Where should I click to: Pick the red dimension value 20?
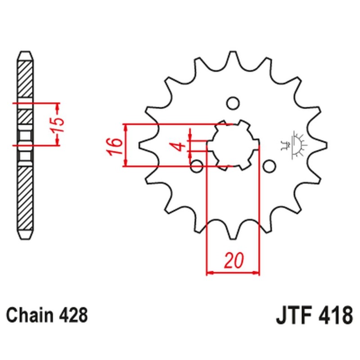pos(233,261)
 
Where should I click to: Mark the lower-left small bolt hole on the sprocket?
pos(197,166)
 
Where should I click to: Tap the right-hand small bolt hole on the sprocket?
pos(269,166)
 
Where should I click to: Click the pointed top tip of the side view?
pos(25,52)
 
